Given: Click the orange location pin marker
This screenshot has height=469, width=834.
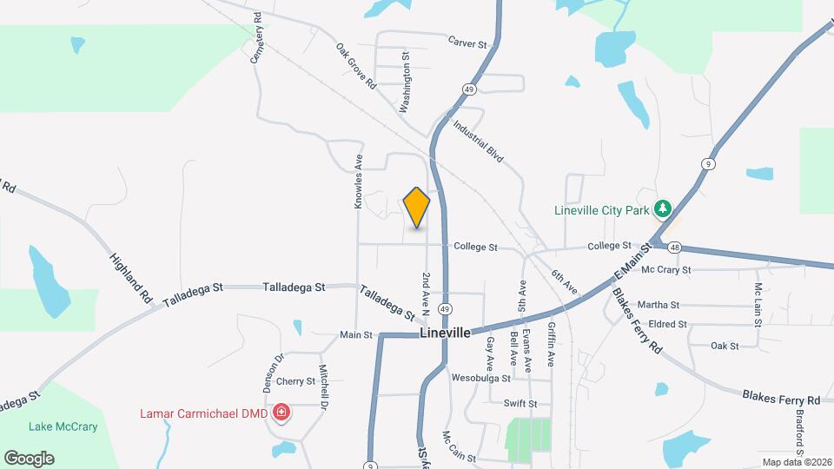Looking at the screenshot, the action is click(417, 208).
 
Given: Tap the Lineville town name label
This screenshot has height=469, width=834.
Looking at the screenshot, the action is click(445, 333).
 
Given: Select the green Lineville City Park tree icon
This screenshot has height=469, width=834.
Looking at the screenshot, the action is click(663, 208).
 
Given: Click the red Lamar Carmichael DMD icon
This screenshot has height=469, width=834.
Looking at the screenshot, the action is click(281, 412).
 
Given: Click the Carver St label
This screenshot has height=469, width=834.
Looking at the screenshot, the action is click(469, 41).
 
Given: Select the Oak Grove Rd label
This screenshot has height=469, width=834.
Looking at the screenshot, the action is click(356, 67).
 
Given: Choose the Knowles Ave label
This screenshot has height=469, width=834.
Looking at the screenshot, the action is click(358, 182).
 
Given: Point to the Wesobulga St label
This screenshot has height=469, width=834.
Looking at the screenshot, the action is click(481, 378).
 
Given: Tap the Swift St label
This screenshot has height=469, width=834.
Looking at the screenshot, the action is click(520, 403).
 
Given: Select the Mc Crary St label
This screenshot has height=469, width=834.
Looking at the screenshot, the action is click(665, 270).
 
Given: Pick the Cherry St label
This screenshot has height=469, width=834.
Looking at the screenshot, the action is click(296, 380).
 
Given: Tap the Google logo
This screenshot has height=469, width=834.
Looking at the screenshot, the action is click(29, 459).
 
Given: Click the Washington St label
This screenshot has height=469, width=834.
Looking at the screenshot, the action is click(405, 82).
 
